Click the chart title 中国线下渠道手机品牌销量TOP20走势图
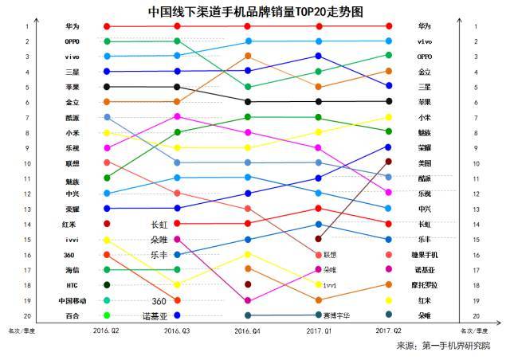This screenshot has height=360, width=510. [255, 11]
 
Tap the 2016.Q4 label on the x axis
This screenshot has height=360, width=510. [248, 329]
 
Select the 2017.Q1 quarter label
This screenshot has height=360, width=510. [319, 329]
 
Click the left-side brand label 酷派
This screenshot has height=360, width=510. [72, 117]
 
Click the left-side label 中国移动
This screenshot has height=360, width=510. [72, 300]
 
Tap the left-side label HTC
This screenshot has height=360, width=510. [72, 285]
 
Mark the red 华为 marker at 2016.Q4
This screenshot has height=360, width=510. [249, 26]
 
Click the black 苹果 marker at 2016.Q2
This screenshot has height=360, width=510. [107, 86]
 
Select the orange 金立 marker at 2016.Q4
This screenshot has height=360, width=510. [249, 56]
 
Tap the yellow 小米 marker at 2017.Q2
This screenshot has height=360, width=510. [388, 117]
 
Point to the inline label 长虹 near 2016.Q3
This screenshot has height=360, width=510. [159, 224]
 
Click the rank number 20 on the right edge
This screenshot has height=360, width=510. [476, 315]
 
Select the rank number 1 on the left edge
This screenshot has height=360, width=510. [26, 26]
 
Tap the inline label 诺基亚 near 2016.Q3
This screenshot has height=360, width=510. [155, 315]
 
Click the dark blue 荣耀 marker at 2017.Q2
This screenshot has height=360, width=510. [388, 147]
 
